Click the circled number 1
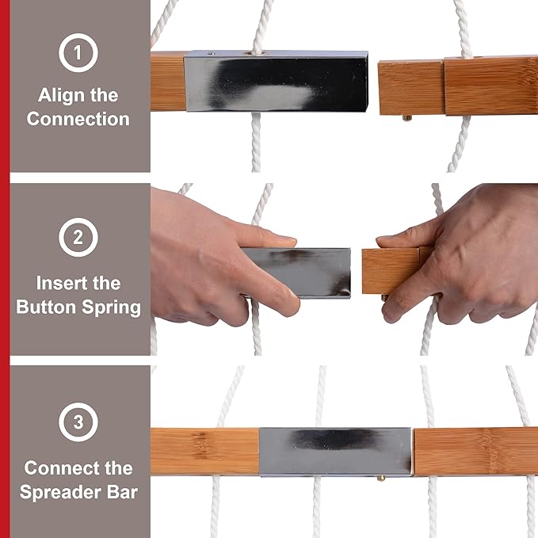78,53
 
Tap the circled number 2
78,237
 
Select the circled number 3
78,422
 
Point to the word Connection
78,119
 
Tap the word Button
46,307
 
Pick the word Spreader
61,493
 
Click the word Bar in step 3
123,492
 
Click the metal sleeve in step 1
276,81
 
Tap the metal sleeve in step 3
336,452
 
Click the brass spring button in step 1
407,118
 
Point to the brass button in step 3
380,479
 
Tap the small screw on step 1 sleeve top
212,54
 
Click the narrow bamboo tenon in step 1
411,87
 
